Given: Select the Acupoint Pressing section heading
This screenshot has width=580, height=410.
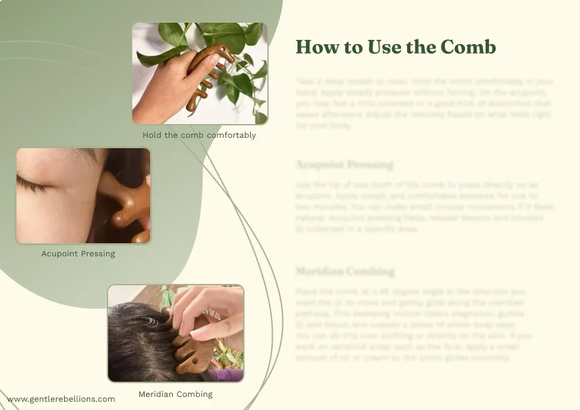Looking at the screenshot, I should (x=344, y=165).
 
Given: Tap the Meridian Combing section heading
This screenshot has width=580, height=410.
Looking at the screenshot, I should (x=345, y=271).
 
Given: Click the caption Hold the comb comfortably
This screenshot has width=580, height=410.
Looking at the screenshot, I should (x=199, y=135).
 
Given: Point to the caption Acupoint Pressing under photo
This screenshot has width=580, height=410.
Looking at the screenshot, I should (x=78, y=254).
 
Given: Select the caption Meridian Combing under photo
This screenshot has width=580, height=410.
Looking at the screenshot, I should (x=175, y=394).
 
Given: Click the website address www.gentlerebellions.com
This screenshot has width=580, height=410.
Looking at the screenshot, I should (x=61, y=399).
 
